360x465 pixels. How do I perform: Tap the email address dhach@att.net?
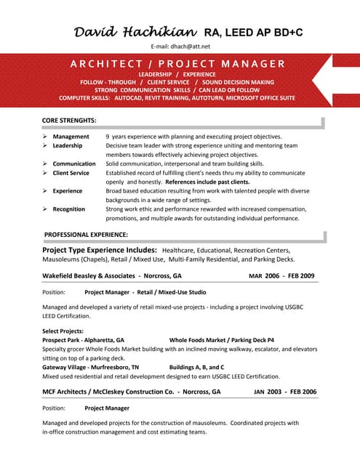180,46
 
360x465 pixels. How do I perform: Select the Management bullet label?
71,137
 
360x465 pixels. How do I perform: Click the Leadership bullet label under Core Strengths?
68,145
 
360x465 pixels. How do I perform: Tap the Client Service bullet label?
71,173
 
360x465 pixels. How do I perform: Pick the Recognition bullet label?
69,209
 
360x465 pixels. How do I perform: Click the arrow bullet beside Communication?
45,164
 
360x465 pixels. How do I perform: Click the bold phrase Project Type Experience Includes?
100,249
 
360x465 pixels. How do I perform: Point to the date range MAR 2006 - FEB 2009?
281,276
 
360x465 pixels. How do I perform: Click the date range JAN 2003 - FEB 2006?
285,392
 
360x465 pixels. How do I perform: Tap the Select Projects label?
63,331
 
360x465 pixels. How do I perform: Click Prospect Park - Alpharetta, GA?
83,339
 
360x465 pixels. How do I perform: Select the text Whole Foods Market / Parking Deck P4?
221,339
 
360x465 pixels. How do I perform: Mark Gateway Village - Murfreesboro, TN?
90,367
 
